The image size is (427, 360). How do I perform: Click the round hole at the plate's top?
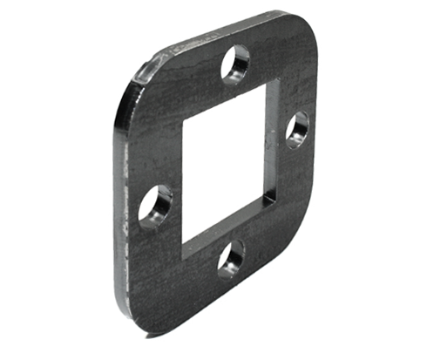tap(235, 65)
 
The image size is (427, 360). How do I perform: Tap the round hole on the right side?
tap(298, 129)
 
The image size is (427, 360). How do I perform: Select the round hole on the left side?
tap(156, 206)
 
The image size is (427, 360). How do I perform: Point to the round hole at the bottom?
tap(230, 258)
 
